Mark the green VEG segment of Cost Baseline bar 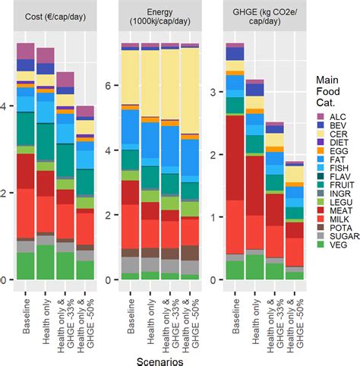tap(27, 266)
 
